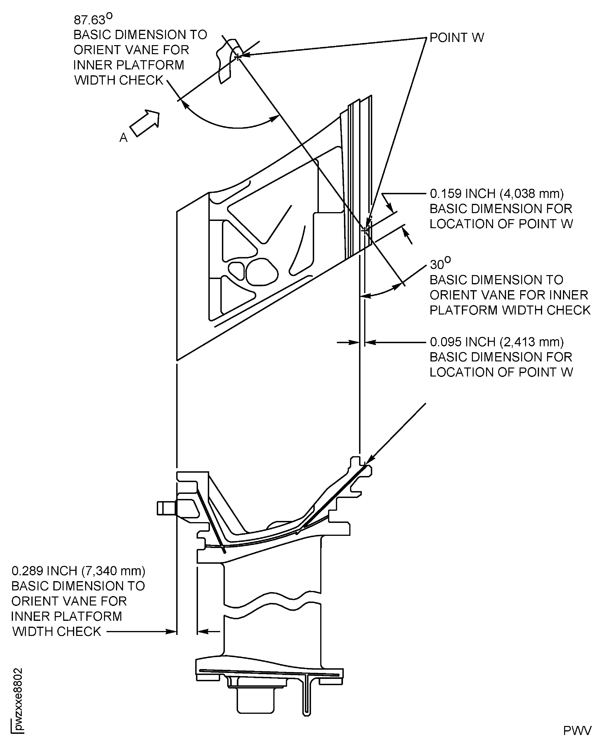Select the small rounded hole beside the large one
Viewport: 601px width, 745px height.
(x=236, y=270)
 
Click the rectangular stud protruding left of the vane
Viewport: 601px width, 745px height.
(x=167, y=508)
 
